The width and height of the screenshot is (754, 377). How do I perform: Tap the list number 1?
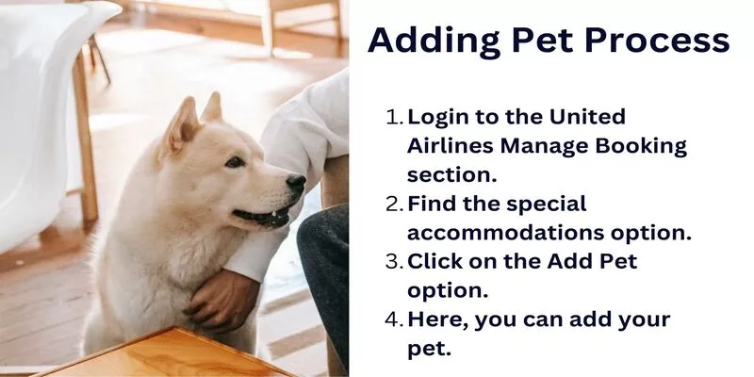(395, 117)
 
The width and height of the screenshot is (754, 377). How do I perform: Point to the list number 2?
(395, 205)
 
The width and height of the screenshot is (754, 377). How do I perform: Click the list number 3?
(395, 262)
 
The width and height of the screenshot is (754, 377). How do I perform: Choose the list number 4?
(395, 320)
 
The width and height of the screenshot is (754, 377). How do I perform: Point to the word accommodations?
(505, 233)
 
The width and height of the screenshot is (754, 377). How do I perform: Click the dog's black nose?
(296, 183)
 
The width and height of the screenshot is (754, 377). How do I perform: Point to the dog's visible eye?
(235, 162)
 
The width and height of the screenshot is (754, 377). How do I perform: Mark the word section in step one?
(451, 175)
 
